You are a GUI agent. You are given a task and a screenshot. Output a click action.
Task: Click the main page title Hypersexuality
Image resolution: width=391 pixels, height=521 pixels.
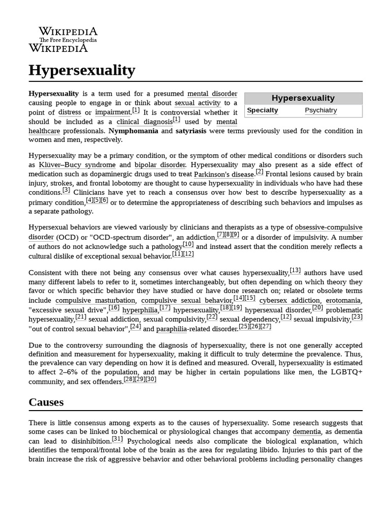tap(82, 70)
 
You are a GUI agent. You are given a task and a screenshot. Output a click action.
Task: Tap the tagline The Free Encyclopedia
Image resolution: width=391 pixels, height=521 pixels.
tap(68, 40)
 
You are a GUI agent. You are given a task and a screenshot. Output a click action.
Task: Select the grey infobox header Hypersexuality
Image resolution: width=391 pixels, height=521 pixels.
tap(303, 98)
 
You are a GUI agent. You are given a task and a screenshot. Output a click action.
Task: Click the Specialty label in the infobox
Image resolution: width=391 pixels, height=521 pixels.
tap(263, 110)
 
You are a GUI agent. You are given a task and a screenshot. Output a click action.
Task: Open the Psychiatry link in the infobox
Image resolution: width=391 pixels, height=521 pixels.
tap(321, 110)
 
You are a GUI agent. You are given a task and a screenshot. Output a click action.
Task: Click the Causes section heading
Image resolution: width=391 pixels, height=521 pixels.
tap(46, 402)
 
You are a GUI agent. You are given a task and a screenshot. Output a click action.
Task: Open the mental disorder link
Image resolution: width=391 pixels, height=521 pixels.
tap(212, 94)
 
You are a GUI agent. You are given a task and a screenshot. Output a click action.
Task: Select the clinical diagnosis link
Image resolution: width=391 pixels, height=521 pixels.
tap(145, 122)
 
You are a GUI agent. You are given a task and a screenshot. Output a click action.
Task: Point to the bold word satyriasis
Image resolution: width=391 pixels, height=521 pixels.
tap(191, 131)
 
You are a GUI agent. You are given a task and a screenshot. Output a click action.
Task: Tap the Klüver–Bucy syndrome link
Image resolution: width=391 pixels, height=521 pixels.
tap(77, 165)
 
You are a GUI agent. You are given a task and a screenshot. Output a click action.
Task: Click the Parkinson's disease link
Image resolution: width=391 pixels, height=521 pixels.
tap(224, 175)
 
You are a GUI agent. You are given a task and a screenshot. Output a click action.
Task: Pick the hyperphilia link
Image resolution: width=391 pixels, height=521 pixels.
tap(140, 310)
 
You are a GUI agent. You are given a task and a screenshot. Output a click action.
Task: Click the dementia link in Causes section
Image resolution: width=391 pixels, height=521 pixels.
tap(306, 431)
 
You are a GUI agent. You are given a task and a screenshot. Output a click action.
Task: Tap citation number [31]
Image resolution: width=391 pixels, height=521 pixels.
tap(117, 439)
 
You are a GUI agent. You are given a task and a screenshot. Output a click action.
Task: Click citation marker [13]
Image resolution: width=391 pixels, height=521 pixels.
tap(295, 270)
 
